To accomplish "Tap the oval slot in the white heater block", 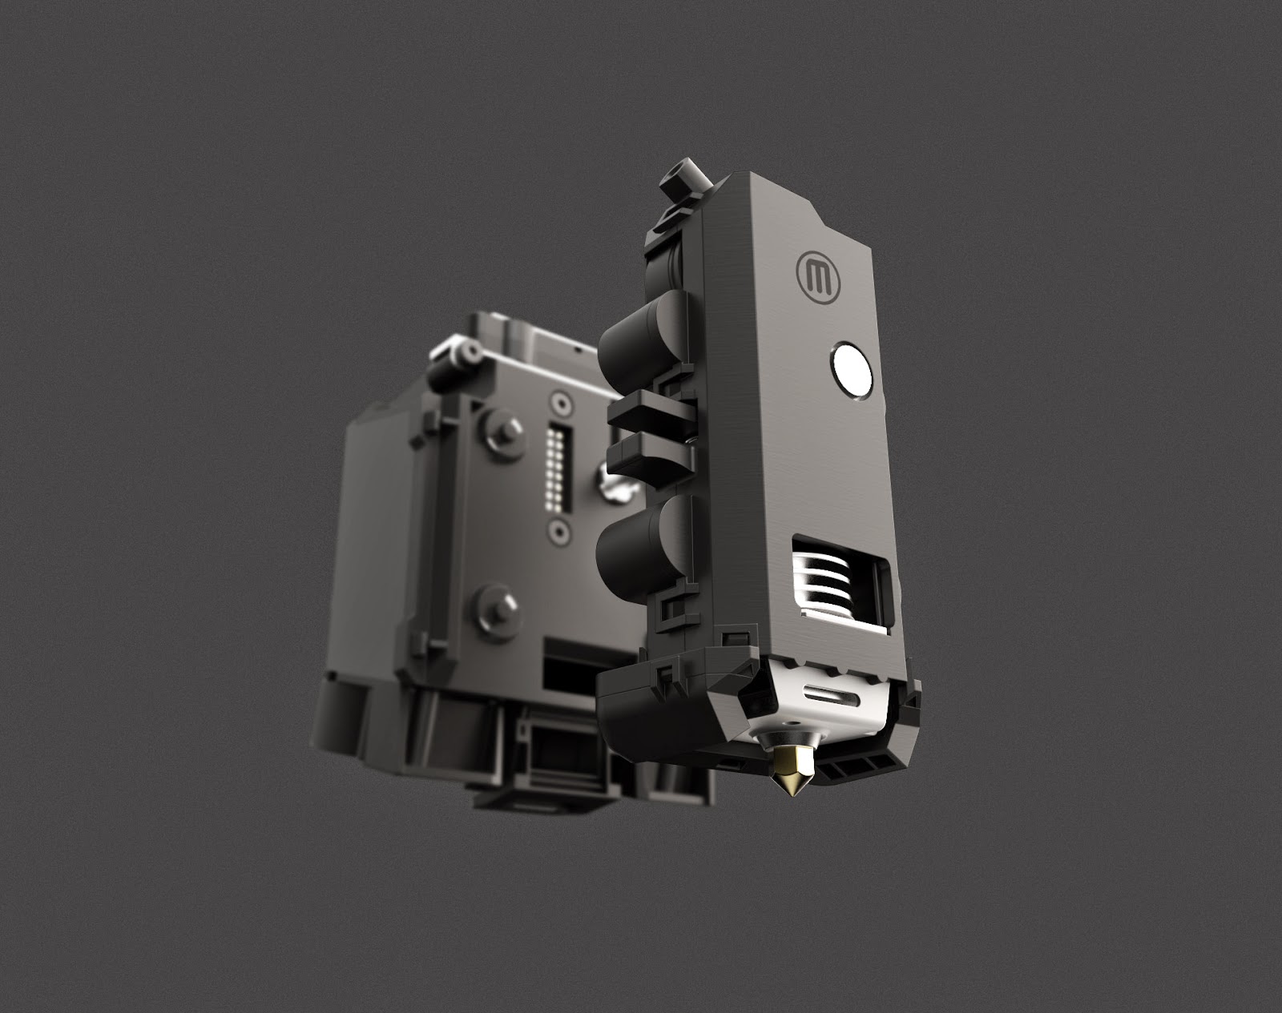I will [828, 693].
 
